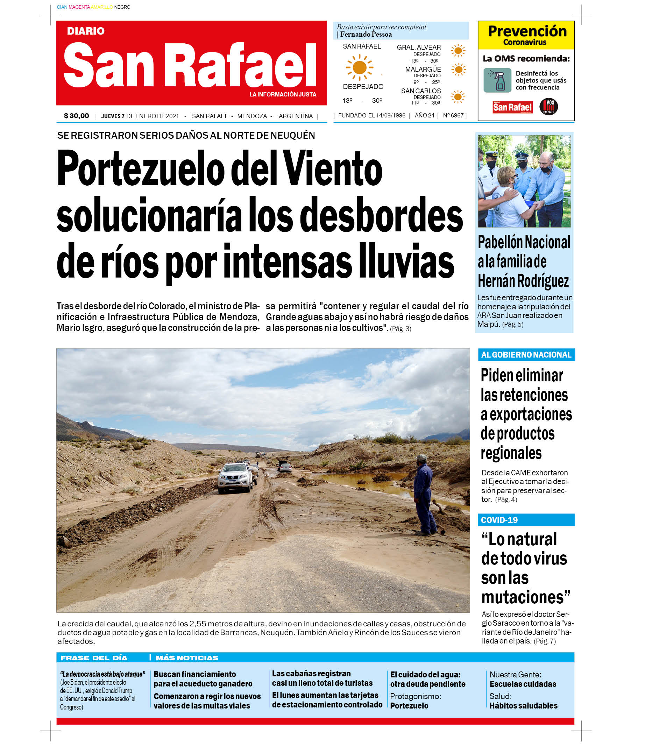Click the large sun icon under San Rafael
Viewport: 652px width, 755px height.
pyautogui.click(x=359, y=67)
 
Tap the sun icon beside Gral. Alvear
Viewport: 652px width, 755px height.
pyautogui.click(x=458, y=51)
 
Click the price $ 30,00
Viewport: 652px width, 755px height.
pyautogui.click(x=77, y=116)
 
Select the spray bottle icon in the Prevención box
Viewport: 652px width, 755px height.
pyautogui.click(x=497, y=80)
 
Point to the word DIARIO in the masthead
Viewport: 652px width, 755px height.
pyautogui.click(x=86, y=31)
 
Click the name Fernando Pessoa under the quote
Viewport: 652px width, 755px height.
pyautogui.click(x=366, y=35)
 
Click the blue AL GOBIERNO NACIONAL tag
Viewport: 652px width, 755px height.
pyautogui.click(x=526, y=355)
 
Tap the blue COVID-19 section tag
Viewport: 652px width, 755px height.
pyautogui.click(x=499, y=520)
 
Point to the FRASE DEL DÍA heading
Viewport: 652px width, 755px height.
pyautogui.click(x=94, y=658)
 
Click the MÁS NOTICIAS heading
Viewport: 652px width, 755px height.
pyautogui.click(x=187, y=658)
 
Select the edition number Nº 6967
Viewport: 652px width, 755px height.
pyautogui.click(x=453, y=115)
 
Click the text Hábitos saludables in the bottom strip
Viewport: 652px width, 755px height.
pyautogui.click(x=523, y=706)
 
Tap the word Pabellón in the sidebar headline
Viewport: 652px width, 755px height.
pyautogui.click(x=500, y=242)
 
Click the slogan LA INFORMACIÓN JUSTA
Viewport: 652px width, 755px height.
pyautogui.click(x=283, y=95)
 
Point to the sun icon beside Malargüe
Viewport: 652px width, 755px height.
pyautogui.click(x=458, y=70)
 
